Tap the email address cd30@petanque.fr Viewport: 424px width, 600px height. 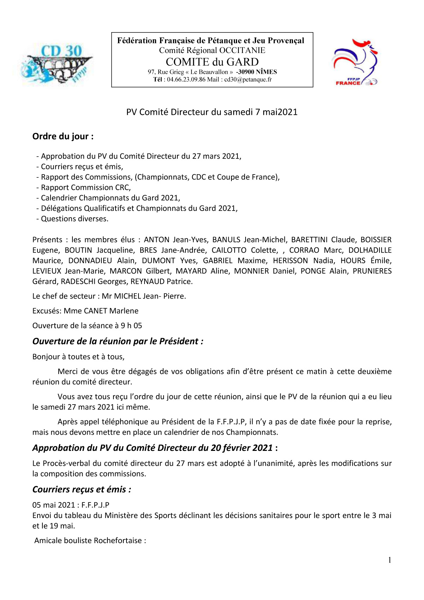(248, 80)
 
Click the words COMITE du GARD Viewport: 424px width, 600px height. (212, 62)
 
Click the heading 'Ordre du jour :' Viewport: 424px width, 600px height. (63, 136)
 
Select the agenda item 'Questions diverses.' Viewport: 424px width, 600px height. (75, 219)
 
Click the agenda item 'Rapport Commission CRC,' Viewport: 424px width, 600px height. (86, 188)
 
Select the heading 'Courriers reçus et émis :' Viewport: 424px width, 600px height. (82, 489)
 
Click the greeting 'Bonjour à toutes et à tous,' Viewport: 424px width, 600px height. (78, 357)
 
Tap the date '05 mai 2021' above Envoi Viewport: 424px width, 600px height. (54, 505)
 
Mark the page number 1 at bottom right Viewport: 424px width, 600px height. (389, 560)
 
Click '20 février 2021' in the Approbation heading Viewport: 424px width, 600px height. (242, 448)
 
